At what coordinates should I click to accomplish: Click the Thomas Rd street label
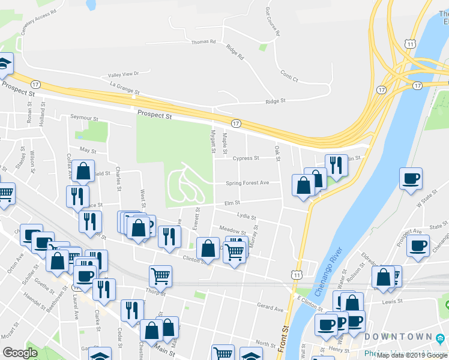(203, 42)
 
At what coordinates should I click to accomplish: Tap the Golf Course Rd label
(273, 22)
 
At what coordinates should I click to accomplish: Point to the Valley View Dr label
(123, 74)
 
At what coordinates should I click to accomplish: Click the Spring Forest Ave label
(247, 183)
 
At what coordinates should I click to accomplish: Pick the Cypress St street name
(246, 158)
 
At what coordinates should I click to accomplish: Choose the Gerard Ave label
(270, 308)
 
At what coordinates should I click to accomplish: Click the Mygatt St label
(212, 140)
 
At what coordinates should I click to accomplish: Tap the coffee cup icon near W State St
(411, 179)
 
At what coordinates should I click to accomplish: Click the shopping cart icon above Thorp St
(160, 276)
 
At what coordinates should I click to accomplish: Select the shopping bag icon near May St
(85, 170)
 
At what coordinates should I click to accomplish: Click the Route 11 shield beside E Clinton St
(297, 274)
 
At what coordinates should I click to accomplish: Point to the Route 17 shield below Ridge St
(236, 123)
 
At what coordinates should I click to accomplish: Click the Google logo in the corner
(20, 353)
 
